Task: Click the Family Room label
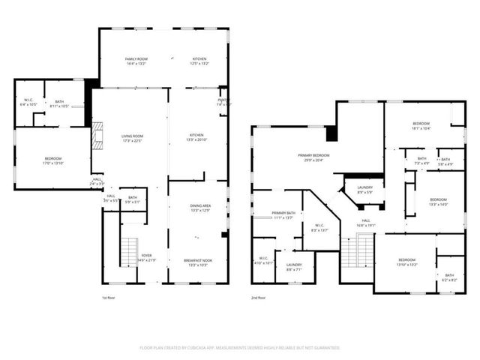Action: [x=136, y=59]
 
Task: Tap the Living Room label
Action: [x=133, y=136]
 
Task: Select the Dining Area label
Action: [x=199, y=206]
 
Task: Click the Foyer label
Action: [x=147, y=256]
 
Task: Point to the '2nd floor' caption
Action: [x=259, y=298]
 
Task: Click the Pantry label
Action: [x=223, y=100]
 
